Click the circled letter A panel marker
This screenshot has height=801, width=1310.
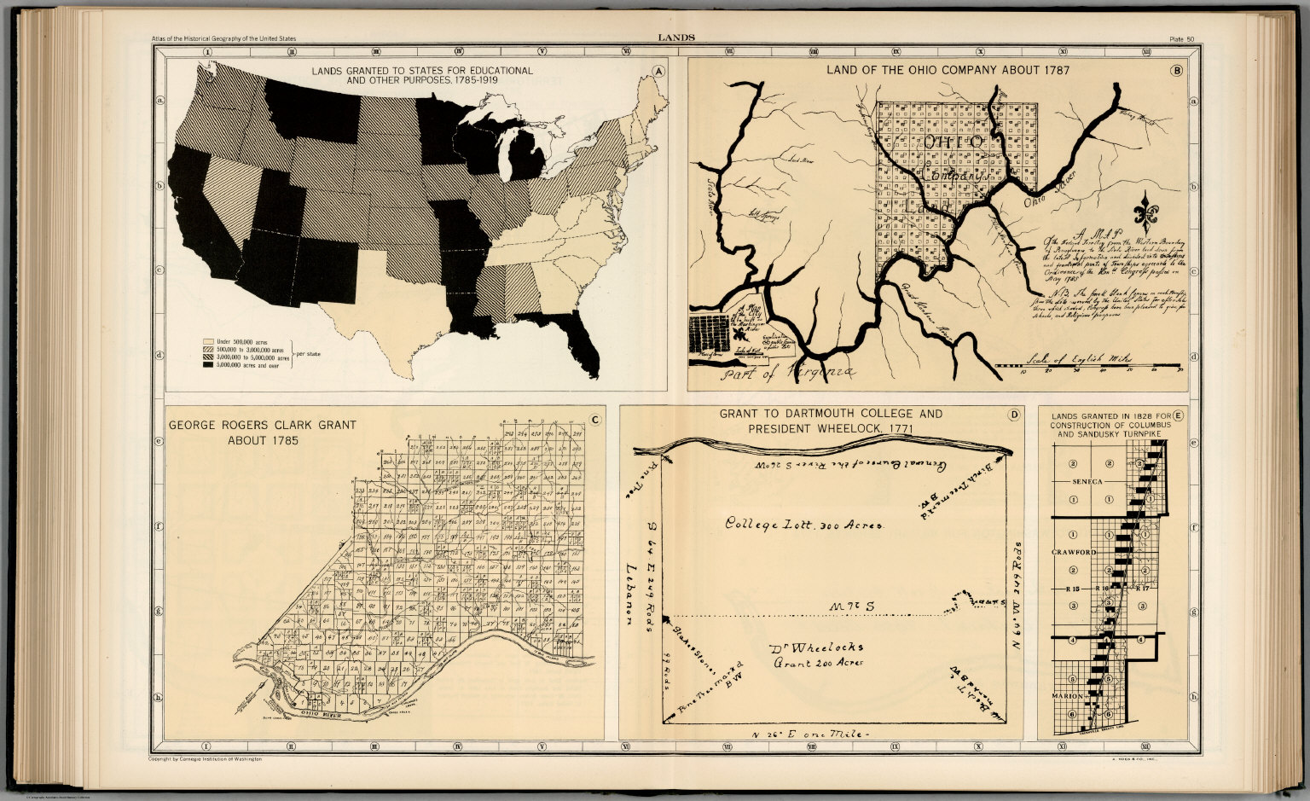(657, 72)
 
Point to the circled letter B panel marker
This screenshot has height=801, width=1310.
(1177, 71)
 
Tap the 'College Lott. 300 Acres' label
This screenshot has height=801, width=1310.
(803, 524)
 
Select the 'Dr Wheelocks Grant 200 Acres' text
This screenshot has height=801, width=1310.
(816, 653)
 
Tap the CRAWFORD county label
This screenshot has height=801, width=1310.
(1074, 552)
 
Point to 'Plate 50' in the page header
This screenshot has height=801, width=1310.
(1182, 38)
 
